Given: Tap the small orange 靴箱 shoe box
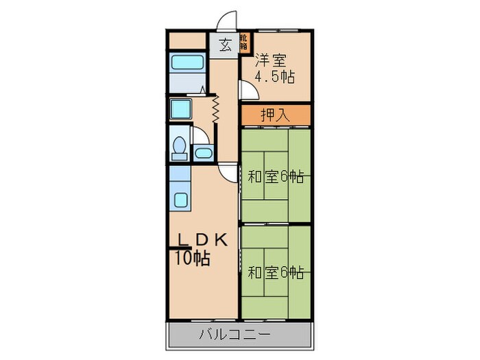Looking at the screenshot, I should pyautogui.click(x=243, y=42).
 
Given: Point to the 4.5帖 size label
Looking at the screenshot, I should pyautogui.click(x=274, y=77).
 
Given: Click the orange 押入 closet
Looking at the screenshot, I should pyautogui.click(x=275, y=115).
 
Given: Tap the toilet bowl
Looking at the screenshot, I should pyautogui.click(x=180, y=147).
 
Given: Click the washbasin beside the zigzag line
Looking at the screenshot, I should pyautogui.click(x=182, y=109).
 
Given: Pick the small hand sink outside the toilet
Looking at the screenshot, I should pyautogui.click(x=203, y=152).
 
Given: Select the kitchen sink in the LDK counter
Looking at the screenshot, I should pyautogui.click(x=182, y=200).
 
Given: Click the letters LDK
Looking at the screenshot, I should pyautogui.click(x=204, y=240).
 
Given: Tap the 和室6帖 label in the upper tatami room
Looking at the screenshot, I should pyautogui.click(x=276, y=177).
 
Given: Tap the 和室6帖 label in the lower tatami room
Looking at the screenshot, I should pyautogui.click(x=276, y=272).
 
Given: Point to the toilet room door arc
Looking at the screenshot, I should pyautogui.click(x=200, y=136).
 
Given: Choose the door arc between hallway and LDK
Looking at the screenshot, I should pyautogui.click(x=228, y=172).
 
